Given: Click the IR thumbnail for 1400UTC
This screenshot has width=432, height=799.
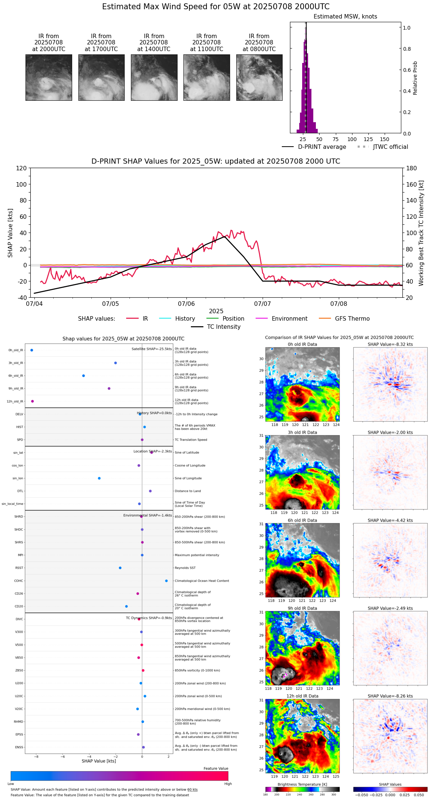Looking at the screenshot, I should tap(154, 77).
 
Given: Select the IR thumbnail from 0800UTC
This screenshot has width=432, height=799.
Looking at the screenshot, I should tap(259, 77).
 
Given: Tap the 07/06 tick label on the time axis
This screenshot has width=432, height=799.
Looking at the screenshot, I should tap(186, 304).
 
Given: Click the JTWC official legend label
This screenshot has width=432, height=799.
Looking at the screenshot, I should tap(390, 147).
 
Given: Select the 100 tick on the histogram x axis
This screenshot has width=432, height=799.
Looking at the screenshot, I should tap(352, 140).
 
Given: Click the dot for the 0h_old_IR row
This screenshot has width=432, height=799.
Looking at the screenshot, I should tap(32, 350).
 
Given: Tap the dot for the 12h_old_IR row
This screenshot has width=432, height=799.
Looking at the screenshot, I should tap(33, 401).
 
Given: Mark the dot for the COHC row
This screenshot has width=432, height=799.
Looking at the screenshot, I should tap(166, 581).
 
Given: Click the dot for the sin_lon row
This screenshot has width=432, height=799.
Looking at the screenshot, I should tap(99, 478).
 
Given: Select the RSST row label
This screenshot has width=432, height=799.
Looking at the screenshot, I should tap(19, 568).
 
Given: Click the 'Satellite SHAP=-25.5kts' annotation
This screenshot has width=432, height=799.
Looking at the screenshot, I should tap(152, 349).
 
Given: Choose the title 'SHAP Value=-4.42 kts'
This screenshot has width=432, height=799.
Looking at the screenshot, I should tap(390, 521).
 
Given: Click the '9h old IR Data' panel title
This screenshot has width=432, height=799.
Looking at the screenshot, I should tap(302, 608).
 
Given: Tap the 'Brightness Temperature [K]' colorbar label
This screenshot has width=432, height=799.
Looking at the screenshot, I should tap(302, 785).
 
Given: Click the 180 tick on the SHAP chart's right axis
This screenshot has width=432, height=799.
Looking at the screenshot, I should tap(412, 168).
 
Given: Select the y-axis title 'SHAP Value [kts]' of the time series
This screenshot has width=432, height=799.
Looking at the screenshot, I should tap(10, 233).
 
